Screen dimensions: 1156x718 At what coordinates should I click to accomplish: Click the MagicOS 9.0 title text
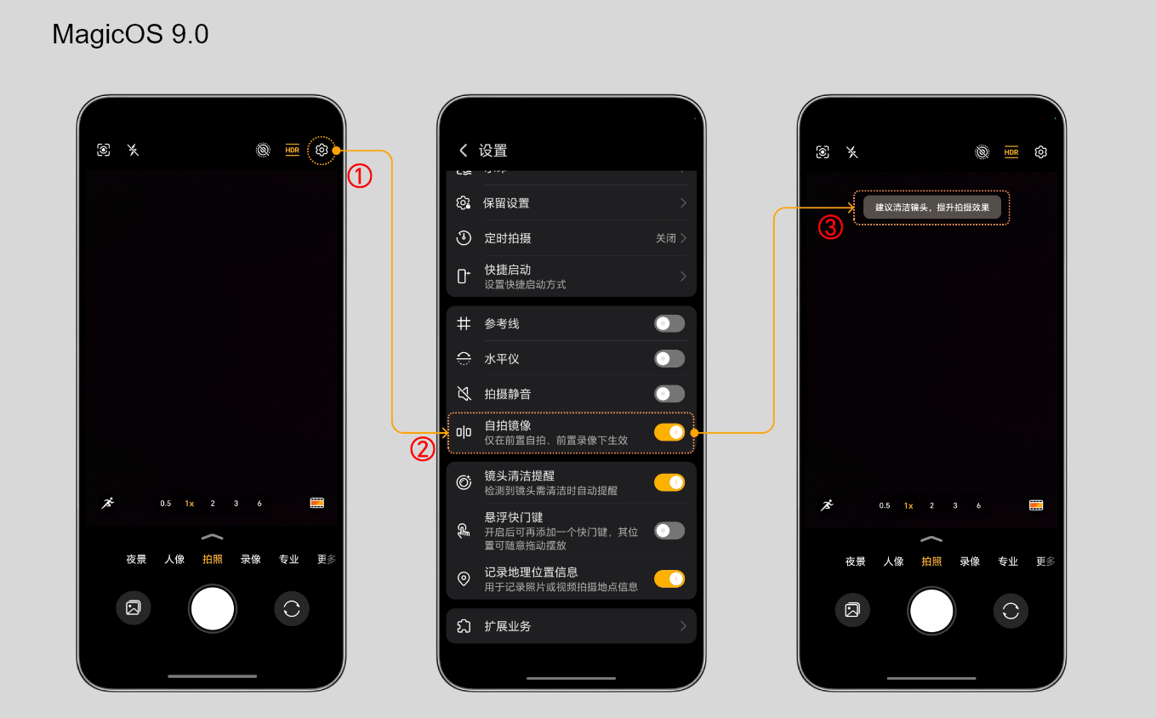point(130,35)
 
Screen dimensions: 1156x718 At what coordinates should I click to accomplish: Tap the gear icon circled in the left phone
point(322,151)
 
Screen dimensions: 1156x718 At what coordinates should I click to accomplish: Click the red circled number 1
point(360,176)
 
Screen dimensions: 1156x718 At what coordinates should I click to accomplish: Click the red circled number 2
point(423,449)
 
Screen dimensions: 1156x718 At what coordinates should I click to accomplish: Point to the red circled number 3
point(831,227)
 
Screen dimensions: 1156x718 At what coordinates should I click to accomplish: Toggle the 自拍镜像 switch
point(669,432)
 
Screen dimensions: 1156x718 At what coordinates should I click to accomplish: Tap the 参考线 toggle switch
point(669,323)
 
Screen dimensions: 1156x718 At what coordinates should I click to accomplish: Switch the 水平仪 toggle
point(669,359)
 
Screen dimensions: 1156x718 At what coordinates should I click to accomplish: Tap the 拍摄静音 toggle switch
point(669,394)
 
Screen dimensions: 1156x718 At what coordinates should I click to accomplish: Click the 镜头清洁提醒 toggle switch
point(669,482)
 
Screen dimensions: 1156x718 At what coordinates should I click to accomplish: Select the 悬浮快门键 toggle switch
point(669,531)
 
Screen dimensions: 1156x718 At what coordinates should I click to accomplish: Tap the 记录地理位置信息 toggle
point(669,578)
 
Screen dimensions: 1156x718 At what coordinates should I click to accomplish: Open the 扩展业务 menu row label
point(507,626)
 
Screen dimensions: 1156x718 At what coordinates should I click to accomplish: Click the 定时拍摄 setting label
point(507,238)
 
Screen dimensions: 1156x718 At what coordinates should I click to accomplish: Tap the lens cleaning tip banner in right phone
point(932,208)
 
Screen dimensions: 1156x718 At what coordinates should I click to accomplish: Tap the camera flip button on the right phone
point(1011,611)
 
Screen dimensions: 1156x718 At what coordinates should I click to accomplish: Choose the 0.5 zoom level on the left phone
point(165,504)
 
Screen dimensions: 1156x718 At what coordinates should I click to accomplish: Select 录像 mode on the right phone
point(970,561)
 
